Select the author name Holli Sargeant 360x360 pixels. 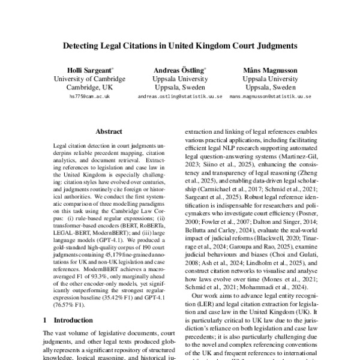click(89, 70)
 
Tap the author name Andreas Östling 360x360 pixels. click(180, 70)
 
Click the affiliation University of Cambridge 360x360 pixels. click(89, 79)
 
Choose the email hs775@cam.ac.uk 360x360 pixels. click(89, 96)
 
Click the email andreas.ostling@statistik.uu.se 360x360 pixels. click(180, 96)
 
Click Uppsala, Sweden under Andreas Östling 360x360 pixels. click(180, 87)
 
